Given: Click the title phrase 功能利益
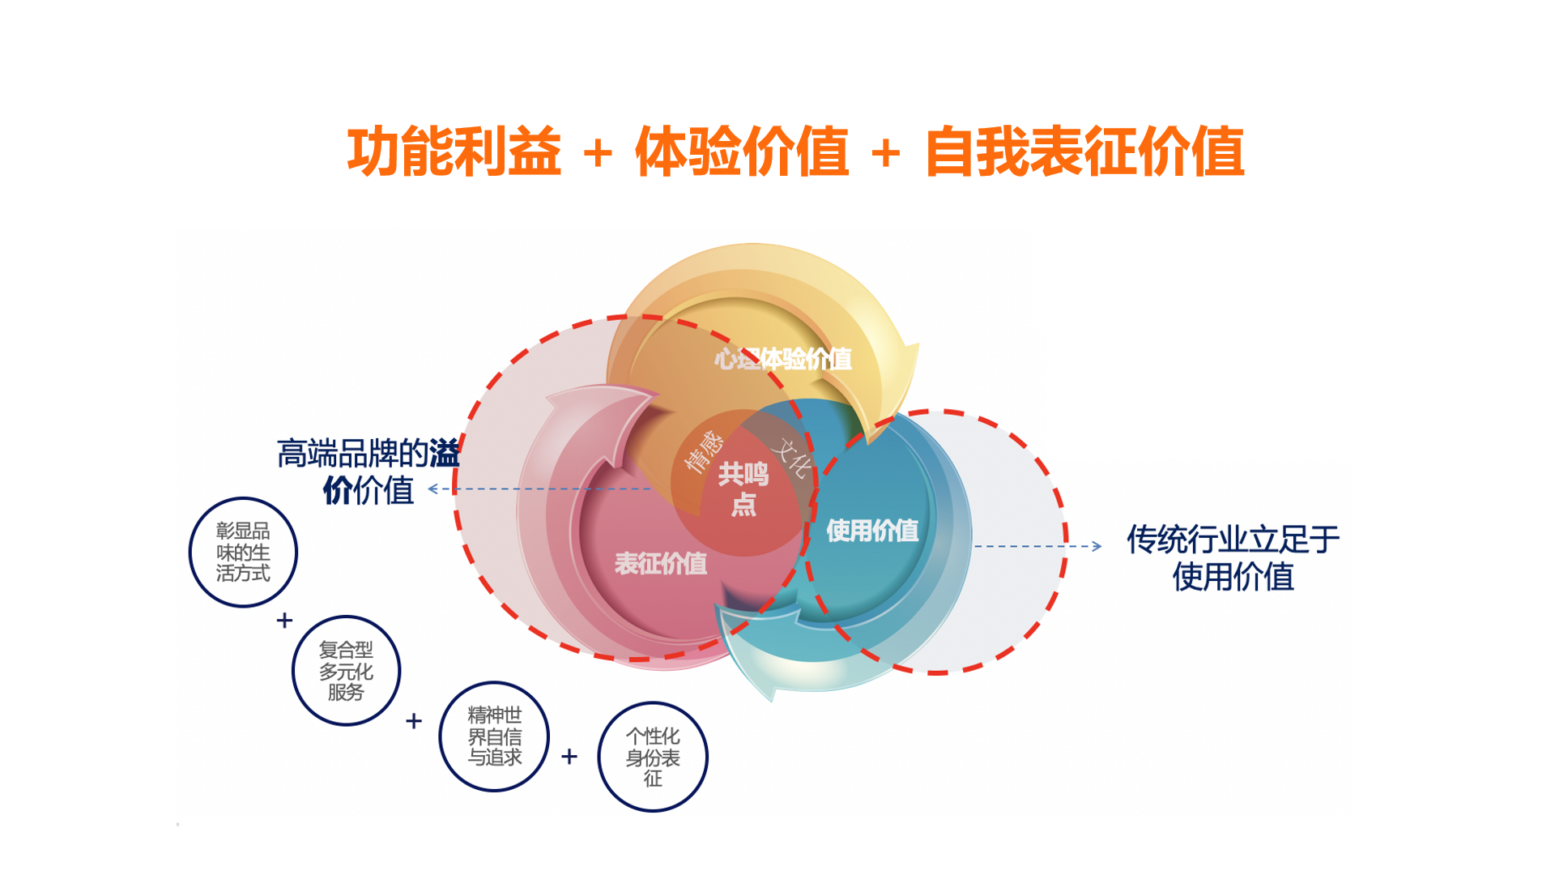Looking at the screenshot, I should (x=454, y=152).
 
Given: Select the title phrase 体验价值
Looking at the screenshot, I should (x=741, y=152).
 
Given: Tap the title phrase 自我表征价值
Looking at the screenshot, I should (x=1084, y=152).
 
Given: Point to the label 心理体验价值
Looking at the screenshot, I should (x=782, y=359).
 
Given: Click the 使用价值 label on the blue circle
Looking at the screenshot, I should (x=872, y=531).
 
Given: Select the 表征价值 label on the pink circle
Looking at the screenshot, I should (x=660, y=563).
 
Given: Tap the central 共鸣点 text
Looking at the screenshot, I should (x=743, y=489).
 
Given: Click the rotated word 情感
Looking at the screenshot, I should (x=702, y=450).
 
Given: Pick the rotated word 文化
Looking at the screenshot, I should (x=792, y=459).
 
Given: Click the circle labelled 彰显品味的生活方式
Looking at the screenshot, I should (x=243, y=552).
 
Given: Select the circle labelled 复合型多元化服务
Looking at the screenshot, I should (x=346, y=670).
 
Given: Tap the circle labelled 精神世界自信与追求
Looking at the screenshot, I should (x=494, y=736).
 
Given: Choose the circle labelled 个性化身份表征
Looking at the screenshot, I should (x=653, y=757).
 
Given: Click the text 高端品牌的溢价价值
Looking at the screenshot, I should (x=369, y=472).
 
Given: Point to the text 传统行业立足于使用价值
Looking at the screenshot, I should (x=1233, y=557).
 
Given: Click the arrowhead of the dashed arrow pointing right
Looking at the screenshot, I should (x=1097, y=546).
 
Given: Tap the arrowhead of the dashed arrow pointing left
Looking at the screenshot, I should (x=433, y=489).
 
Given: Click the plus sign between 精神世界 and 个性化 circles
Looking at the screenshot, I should (x=569, y=757).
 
